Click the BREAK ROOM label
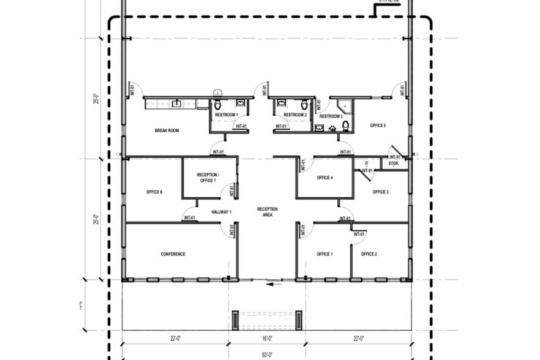167,130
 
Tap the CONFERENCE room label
173,254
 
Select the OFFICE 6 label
154,192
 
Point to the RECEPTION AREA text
267,212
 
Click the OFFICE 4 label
324,178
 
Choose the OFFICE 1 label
324,254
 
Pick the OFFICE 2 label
369,254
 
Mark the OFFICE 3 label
380,192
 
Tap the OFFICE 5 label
378,126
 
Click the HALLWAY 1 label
221,212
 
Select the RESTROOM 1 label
227,114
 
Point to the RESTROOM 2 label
295,114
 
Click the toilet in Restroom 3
346,126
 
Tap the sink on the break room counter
176,103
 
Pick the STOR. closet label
394,164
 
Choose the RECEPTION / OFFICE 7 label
208,178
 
